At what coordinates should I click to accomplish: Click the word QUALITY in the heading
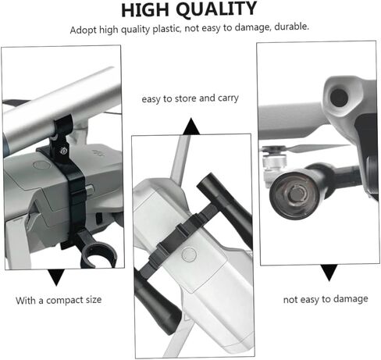click(216, 9)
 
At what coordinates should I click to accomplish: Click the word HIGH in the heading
click(145, 10)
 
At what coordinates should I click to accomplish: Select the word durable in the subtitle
click(292, 27)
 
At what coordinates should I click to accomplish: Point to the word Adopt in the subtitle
click(84, 30)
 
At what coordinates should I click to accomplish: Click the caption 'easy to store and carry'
click(190, 98)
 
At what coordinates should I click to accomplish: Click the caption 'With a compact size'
click(59, 300)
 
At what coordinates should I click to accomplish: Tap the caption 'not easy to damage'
click(326, 299)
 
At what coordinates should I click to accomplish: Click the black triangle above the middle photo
click(191, 127)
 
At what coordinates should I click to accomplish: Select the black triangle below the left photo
click(56, 277)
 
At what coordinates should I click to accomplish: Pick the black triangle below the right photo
click(329, 273)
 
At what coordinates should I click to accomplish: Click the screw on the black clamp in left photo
click(62, 151)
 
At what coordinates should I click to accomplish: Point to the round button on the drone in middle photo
click(189, 254)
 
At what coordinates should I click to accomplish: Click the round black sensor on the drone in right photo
click(339, 98)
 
